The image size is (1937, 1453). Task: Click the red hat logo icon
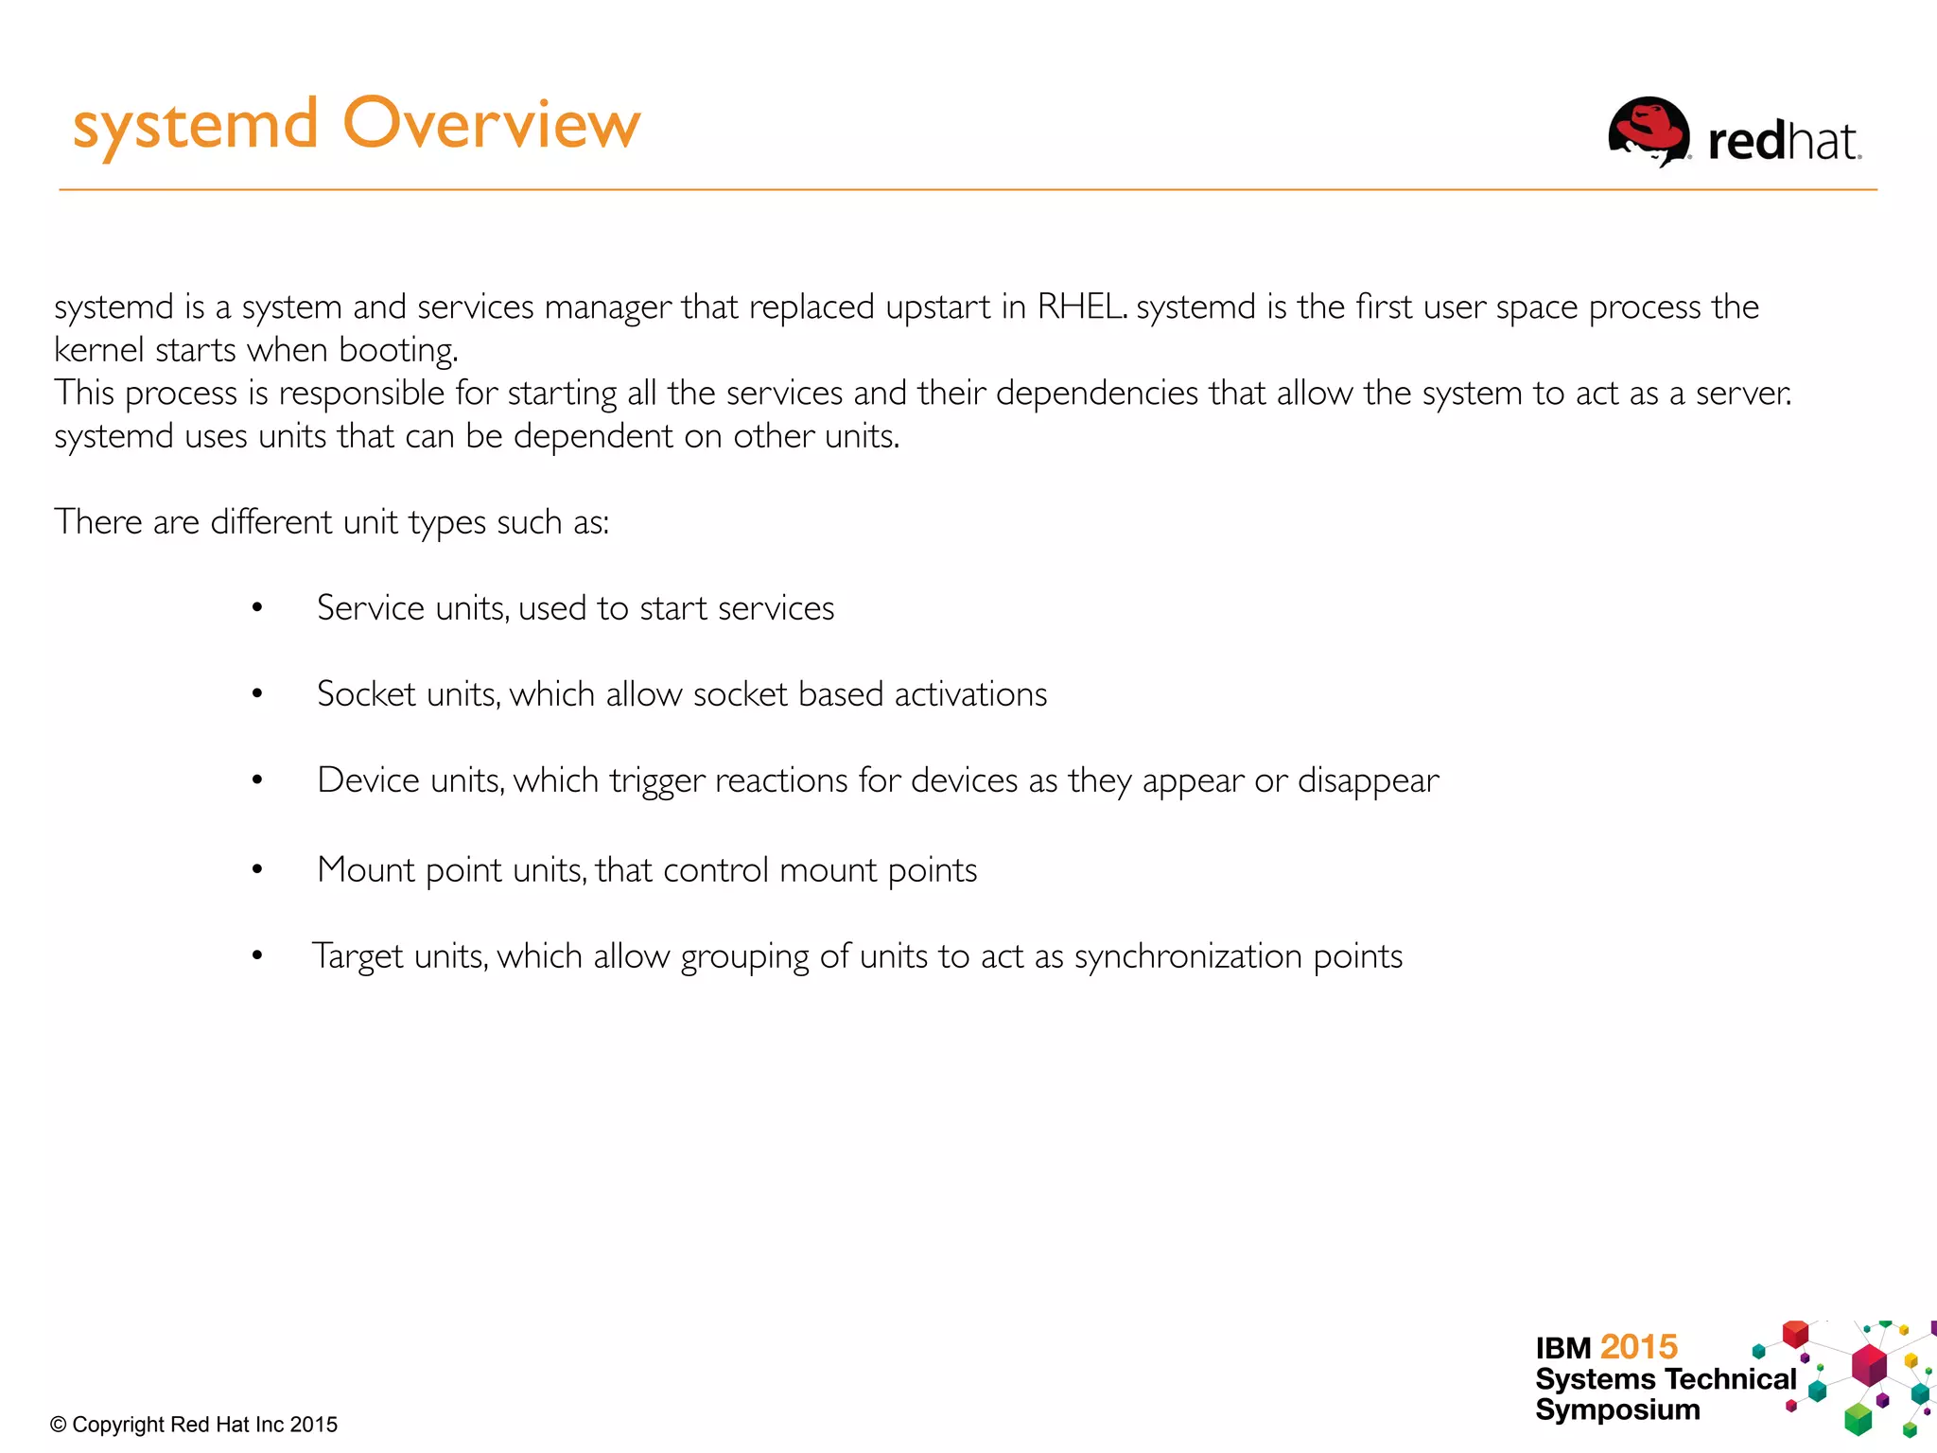click(x=1649, y=132)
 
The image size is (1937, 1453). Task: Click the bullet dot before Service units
click(x=256, y=607)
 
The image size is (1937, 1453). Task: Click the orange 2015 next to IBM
click(x=1638, y=1346)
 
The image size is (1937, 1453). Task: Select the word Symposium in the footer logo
click(x=1616, y=1409)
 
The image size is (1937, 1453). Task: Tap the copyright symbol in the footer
click(x=59, y=1425)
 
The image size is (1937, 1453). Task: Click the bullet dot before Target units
click(x=256, y=956)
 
